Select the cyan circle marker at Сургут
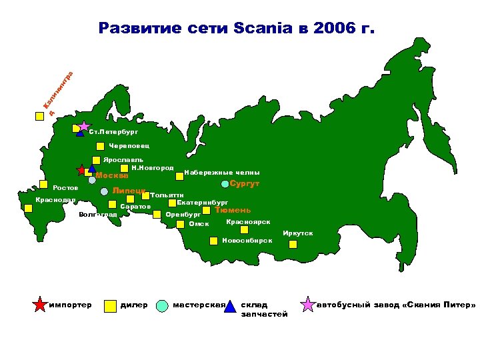[x=225, y=184]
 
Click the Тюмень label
[x=233, y=210]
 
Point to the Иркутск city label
[x=297, y=233]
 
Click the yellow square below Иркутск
[x=293, y=245]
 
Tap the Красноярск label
[x=248, y=221]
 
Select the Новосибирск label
[x=247, y=240]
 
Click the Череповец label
[x=129, y=145]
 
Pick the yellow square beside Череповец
[x=100, y=146]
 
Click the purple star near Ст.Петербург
[x=84, y=125]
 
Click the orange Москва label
[x=112, y=176]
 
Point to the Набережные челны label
[x=221, y=171]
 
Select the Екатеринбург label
[x=203, y=201]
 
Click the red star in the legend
[x=40, y=305]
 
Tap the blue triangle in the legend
[x=230, y=306]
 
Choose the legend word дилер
[x=134, y=305]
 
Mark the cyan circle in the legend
[x=162, y=305]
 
